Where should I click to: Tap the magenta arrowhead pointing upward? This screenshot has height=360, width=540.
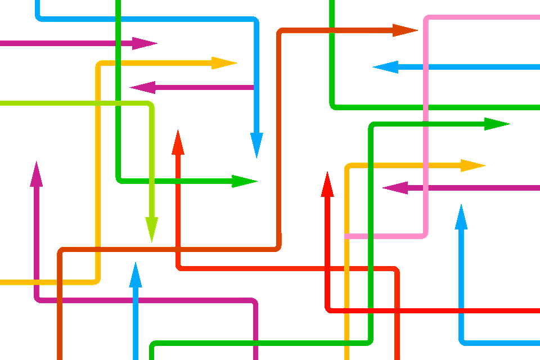coord(37,172)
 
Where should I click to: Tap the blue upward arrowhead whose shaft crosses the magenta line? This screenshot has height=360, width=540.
coord(135,273)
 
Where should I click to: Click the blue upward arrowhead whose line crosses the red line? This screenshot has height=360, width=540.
coord(462,216)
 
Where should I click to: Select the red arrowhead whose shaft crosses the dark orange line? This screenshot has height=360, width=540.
coord(178,141)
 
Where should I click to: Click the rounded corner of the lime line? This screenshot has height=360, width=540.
coord(151,105)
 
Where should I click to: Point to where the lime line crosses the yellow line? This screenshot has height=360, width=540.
coord(98,103)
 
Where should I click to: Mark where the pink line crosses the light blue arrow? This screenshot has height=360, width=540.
coord(426,67)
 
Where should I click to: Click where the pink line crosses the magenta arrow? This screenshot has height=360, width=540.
coord(426,188)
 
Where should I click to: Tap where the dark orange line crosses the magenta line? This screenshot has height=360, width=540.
coord(60,300)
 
